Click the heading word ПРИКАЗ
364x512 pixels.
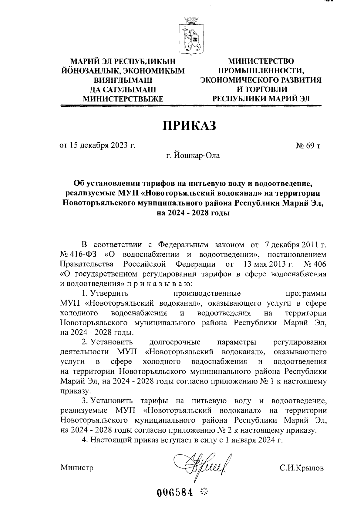pos(190,126)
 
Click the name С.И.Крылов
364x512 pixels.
pos(302,468)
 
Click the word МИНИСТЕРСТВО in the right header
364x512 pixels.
pos(261,62)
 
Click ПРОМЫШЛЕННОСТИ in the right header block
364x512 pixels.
pos(261,71)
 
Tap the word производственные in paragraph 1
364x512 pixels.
pos(207,294)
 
